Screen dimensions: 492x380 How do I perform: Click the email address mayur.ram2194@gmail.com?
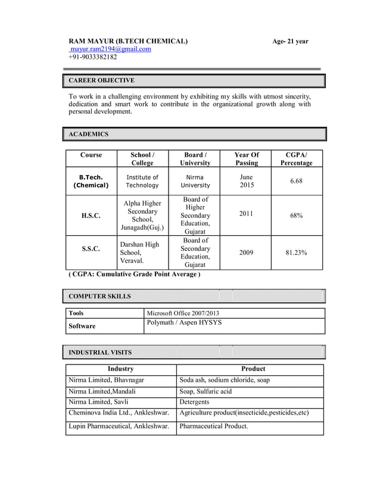click(x=110, y=49)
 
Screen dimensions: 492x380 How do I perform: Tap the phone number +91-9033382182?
click(x=93, y=57)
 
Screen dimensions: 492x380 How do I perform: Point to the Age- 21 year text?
click(x=290, y=41)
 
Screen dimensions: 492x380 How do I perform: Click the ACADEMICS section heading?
click(x=89, y=134)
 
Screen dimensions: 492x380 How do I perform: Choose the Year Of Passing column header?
click(x=247, y=158)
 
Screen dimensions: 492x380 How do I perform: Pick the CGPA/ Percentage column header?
click(x=297, y=158)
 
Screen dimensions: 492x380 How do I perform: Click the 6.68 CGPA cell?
click(x=297, y=181)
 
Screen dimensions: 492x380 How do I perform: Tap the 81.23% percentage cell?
click(x=297, y=253)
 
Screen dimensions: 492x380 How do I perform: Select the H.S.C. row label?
click(x=91, y=215)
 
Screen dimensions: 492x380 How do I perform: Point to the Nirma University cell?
click(x=195, y=181)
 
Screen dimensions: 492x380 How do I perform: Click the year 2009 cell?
click(x=247, y=253)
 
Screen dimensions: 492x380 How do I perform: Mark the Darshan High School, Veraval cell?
click(x=139, y=253)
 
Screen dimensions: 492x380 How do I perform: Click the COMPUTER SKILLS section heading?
click(x=100, y=296)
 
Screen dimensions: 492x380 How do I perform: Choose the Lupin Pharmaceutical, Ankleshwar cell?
click(x=119, y=426)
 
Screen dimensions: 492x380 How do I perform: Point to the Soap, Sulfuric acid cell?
click(x=205, y=391)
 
